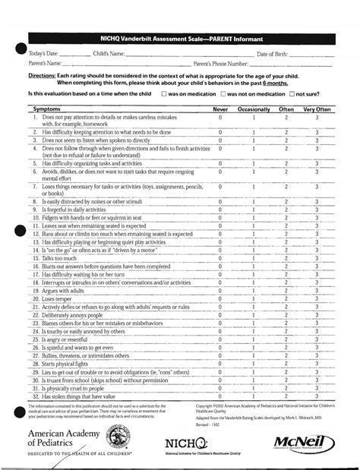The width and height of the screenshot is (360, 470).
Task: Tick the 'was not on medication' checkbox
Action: pos(223,93)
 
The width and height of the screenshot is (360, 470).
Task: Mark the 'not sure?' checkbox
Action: pos(292,93)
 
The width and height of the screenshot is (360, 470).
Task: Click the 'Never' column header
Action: pos(220,110)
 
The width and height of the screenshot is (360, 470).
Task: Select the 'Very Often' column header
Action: pos(317,110)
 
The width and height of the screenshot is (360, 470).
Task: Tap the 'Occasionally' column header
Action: pos(253,110)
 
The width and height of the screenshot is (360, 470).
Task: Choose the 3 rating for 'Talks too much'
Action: pos(317,259)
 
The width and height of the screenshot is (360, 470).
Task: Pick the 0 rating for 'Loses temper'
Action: pos(220,300)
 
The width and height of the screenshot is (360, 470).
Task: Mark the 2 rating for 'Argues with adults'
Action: pos(286,291)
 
